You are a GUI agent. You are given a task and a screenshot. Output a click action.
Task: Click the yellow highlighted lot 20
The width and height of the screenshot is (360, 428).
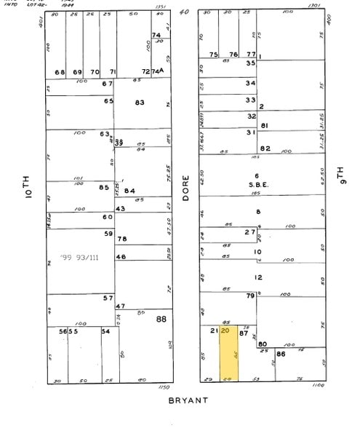click(x=229, y=354)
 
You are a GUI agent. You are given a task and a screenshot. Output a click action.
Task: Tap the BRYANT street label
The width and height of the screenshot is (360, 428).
click(x=188, y=400)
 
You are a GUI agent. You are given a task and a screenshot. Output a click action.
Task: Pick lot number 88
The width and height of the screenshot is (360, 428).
click(x=161, y=318)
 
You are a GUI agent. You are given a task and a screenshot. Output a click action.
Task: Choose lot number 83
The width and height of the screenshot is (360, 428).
click(x=140, y=103)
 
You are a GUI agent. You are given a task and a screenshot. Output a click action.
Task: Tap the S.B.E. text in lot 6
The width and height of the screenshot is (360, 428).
click(x=257, y=185)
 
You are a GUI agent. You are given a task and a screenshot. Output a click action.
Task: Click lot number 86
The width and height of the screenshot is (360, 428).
click(x=281, y=353)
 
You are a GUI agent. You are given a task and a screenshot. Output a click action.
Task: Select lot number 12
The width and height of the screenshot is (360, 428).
click(x=257, y=277)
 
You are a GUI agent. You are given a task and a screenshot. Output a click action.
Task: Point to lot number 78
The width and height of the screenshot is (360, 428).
click(x=122, y=239)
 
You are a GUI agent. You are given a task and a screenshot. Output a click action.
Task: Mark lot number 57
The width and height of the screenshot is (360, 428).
click(x=108, y=298)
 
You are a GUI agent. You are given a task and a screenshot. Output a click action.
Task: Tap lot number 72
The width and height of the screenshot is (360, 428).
click(x=145, y=71)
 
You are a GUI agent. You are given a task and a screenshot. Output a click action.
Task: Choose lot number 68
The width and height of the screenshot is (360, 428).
click(x=60, y=71)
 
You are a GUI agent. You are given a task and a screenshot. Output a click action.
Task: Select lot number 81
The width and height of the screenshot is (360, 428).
click(x=265, y=126)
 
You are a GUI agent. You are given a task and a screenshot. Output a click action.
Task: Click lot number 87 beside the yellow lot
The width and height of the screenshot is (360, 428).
click(x=244, y=333)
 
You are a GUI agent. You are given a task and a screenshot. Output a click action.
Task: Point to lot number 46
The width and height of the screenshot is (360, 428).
click(x=121, y=257)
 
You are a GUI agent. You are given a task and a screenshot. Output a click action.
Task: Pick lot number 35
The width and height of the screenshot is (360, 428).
click(x=250, y=63)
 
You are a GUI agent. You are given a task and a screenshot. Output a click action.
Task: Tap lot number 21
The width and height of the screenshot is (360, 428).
click(x=214, y=331)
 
